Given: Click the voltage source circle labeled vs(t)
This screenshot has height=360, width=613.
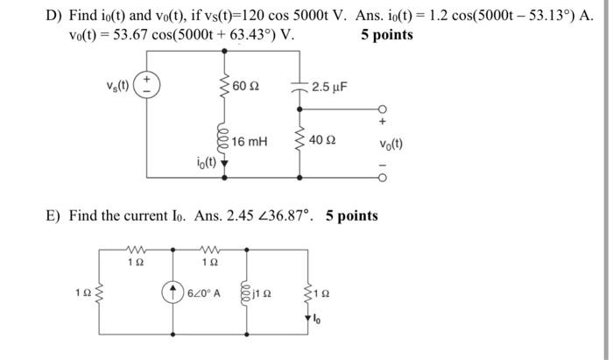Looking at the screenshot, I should pos(147,86).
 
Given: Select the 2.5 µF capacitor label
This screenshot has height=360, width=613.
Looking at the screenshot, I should pos(329,87).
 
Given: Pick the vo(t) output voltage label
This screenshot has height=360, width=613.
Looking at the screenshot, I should pos(391,144).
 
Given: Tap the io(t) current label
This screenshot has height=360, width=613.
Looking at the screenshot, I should pos(206,163).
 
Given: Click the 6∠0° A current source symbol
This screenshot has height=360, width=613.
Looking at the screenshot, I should pos(174,293).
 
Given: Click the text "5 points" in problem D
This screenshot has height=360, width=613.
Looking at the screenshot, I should pos(387,35).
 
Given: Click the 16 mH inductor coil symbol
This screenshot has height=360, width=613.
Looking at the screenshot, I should pos(225,141).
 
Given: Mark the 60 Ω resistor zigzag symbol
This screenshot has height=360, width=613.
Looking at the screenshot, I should pos(225,86).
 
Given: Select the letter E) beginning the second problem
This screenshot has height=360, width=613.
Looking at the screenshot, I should pos(53,215).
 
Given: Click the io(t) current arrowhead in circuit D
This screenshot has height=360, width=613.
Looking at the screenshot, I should pos(225,165).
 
